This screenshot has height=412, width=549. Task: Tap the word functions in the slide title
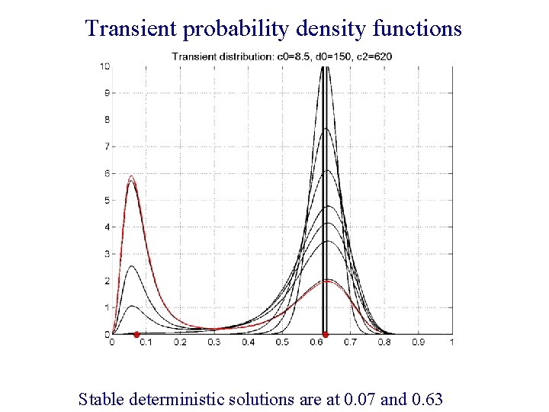click(x=419, y=29)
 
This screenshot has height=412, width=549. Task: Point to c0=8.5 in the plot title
click(x=287, y=56)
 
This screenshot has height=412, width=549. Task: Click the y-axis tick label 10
click(x=104, y=66)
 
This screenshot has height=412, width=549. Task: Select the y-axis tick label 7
click(x=107, y=146)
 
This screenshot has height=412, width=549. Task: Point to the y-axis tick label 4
click(x=107, y=227)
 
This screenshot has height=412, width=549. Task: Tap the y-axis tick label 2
click(x=107, y=281)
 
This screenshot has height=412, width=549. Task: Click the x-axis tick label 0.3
click(x=214, y=343)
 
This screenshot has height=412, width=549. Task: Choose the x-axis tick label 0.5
click(x=282, y=343)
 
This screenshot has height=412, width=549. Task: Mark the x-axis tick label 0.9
click(x=418, y=343)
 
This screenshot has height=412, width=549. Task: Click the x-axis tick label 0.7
click(x=350, y=343)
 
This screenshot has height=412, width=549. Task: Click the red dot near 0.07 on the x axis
click(x=136, y=334)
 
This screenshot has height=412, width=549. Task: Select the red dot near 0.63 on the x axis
click(x=326, y=334)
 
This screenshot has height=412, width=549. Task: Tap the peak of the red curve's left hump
click(x=132, y=176)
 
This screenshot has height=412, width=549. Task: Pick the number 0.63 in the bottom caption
click(x=426, y=398)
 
